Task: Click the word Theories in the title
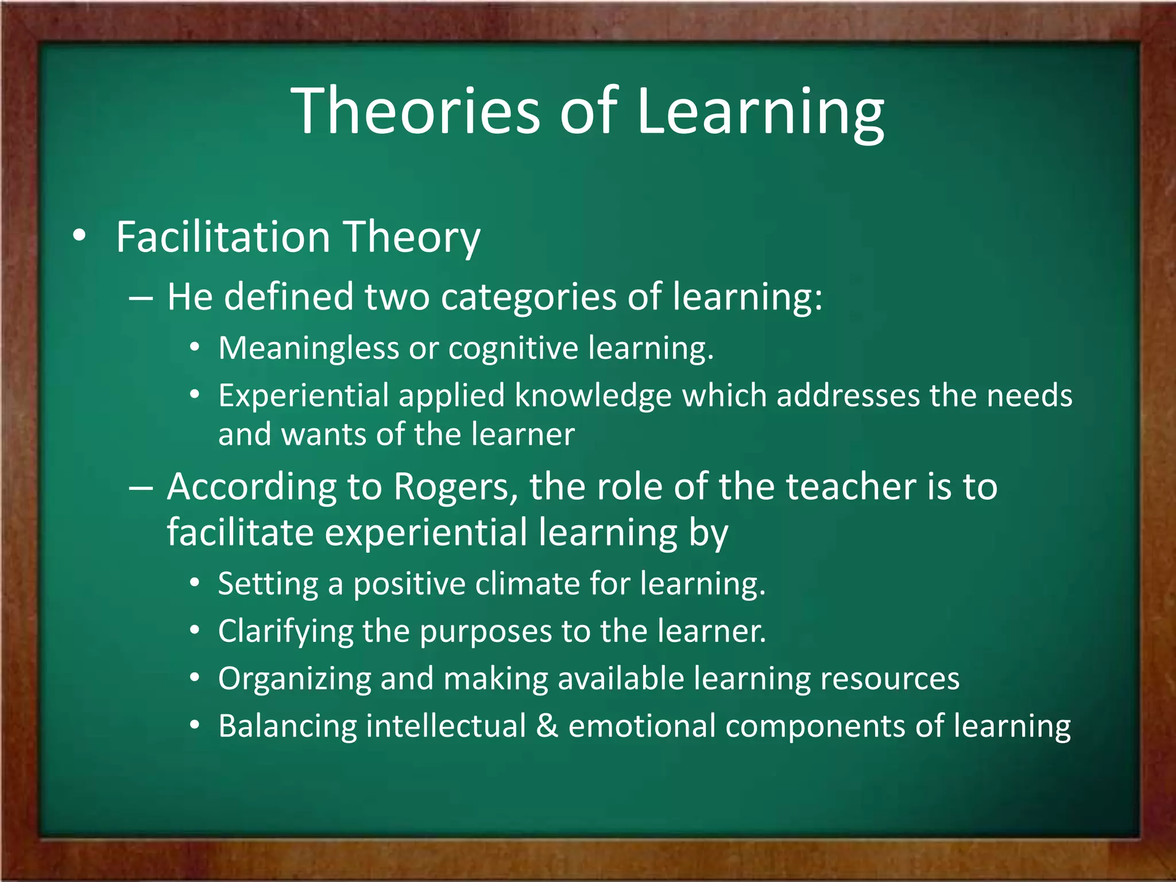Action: click(416, 110)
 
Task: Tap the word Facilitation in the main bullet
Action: click(223, 237)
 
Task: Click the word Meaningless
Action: click(308, 348)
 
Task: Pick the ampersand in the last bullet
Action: click(547, 725)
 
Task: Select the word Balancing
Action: click(287, 726)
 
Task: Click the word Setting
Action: click(268, 584)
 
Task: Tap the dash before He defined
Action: click(141, 298)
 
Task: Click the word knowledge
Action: click(593, 396)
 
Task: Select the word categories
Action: click(528, 297)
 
